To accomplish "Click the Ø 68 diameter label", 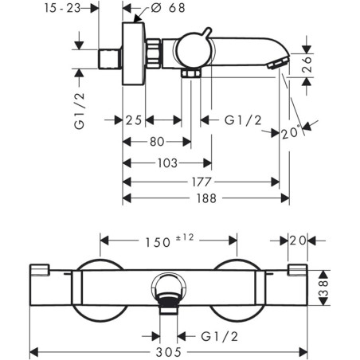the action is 168,8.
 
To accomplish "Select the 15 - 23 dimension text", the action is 62,8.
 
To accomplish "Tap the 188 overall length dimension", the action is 206,198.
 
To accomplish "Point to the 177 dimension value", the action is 202,182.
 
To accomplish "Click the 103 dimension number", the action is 167,163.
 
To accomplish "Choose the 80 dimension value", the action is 157,142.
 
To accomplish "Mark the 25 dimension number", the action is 134,120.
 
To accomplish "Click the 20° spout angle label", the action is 291,133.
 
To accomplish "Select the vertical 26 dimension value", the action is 307,64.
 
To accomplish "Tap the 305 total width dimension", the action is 168,352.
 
